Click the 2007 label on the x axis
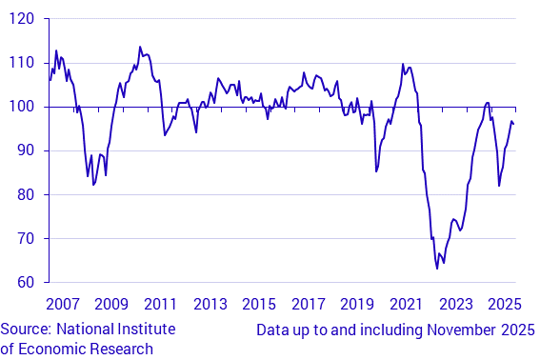[x=63, y=305]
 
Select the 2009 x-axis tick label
[x=111, y=305]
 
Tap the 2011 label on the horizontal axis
[x=161, y=305]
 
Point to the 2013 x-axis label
[x=210, y=305]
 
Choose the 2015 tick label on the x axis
[x=259, y=305]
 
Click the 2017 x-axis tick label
[x=308, y=305]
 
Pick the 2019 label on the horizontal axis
[x=357, y=305]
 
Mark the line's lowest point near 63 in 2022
[x=437, y=269]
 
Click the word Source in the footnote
[x=27, y=330]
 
